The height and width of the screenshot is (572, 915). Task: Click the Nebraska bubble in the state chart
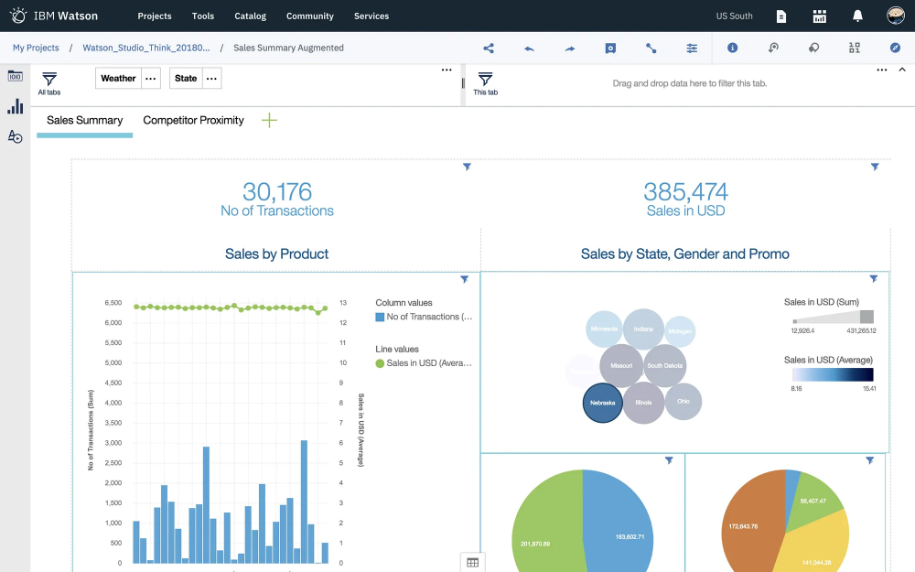(603, 403)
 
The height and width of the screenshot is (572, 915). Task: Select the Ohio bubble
(683, 402)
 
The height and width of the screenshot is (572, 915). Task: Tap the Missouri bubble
(621, 365)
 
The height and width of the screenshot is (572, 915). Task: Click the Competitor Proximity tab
(193, 120)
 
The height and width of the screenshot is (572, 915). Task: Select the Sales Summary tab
(84, 120)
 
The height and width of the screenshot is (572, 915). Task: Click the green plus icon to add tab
(269, 120)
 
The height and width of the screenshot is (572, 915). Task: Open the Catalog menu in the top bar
(250, 16)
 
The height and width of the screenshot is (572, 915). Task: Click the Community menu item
(309, 16)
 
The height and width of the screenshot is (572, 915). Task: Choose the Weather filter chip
(118, 79)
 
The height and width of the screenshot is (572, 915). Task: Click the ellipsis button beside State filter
(211, 79)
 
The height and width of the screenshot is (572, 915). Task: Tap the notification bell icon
(857, 16)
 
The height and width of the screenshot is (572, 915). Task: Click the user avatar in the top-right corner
(896, 16)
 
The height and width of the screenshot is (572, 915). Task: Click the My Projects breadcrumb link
(36, 48)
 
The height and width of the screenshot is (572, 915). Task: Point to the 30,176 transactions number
(276, 191)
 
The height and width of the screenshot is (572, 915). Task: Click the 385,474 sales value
(685, 191)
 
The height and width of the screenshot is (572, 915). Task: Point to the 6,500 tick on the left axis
(113, 302)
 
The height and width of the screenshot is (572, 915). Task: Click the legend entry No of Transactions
(428, 317)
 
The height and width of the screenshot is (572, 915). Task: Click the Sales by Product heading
(276, 254)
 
